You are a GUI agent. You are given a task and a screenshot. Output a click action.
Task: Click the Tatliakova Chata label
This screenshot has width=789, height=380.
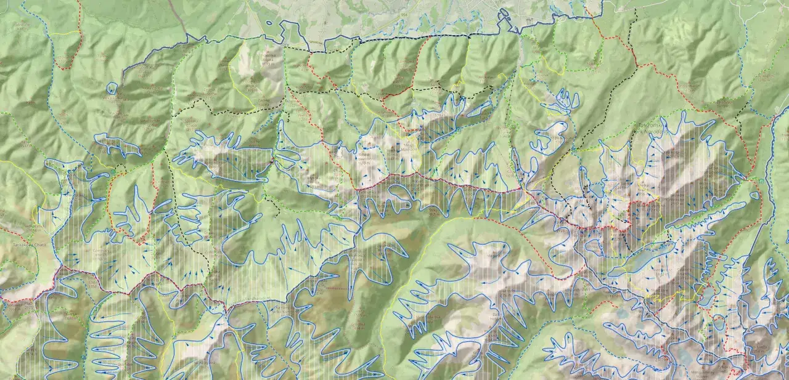[25, 245]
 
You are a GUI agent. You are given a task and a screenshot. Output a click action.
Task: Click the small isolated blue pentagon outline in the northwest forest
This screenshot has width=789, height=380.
[112, 89]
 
